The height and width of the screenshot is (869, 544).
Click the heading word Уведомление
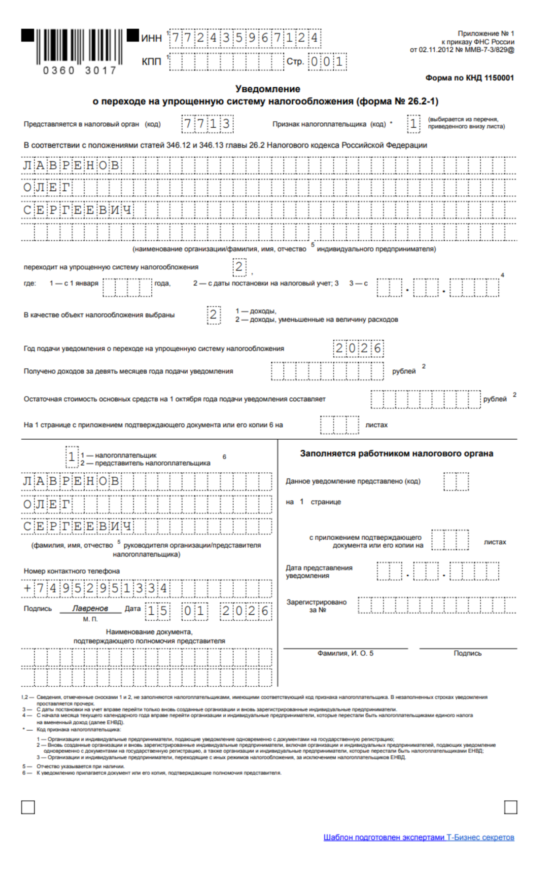click(x=268, y=89)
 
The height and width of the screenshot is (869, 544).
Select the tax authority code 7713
click(x=207, y=124)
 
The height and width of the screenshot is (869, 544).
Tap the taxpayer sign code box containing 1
click(x=414, y=124)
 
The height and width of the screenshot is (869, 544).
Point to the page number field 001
click(x=327, y=62)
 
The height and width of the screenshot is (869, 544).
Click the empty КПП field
click(x=226, y=62)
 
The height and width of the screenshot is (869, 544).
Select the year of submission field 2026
click(x=358, y=349)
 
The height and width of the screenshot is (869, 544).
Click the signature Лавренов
click(x=90, y=608)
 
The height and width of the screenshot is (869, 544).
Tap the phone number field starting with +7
click(x=146, y=588)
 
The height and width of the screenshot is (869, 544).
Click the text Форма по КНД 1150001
click(x=469, y=78)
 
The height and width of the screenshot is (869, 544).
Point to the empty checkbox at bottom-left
click(x=28, y=807)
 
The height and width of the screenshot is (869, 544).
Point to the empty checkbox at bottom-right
click(x=510, y=807)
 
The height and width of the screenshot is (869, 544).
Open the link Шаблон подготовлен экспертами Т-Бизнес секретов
click(x=419, y=837)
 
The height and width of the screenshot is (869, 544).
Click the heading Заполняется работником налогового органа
click(x=396, y=453)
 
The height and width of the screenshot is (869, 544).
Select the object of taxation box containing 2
click(x=214, y=315)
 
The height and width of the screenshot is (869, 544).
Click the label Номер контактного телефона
click(x=72, y=571)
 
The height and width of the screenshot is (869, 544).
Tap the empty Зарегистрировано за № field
click(x=437, y=606)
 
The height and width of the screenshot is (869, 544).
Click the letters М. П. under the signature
click(x=90, y=619)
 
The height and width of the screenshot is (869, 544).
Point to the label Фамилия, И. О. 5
click(x=345, y=653)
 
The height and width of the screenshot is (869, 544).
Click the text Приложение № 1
click(x=486, y=34)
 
